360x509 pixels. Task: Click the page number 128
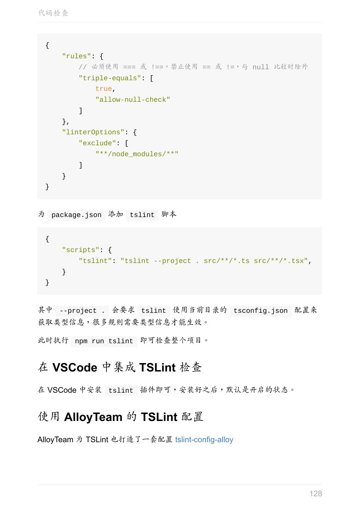pos(315,493)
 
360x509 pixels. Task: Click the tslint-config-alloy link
pos(204,440)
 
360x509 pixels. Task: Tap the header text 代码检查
pos(53,13)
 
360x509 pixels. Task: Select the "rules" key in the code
pos(76,56)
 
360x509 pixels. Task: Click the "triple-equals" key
pos(110,78)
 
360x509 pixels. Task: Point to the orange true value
pos(104,89)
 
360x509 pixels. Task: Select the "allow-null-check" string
pos(132,100)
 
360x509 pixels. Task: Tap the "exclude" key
pos(97,143)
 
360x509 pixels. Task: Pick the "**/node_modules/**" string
pos(137,154)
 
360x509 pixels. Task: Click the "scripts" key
pos(81,250)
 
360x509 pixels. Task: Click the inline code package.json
pos(76,215)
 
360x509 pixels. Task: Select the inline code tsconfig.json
pos(260,311)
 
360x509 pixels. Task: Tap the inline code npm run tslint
pos(104,341)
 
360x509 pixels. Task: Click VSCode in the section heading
pos(75,368)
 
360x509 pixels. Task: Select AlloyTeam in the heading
pos(93,417)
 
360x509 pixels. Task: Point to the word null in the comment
pos(260,67)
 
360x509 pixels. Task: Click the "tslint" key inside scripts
pos(95,261)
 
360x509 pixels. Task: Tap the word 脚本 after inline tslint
pos(169,215)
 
